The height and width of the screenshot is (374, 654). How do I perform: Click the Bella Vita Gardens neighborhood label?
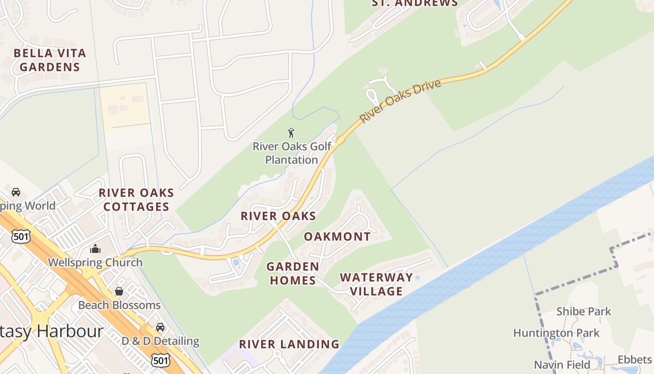(x=50, y=60)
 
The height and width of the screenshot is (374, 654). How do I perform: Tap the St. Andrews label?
(x=415, y=3)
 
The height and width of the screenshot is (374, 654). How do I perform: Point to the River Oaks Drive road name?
(x=400, y=101)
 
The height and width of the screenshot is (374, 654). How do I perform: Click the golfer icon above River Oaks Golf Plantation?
(x=291, y=133)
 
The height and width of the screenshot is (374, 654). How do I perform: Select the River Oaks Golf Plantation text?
(x=292, y=153)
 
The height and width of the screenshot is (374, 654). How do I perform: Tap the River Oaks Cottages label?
(x=136, y=200)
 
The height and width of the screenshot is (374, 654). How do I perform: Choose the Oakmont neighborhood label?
(x=337, y=237)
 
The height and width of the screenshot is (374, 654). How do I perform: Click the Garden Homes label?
(x=292, y=273)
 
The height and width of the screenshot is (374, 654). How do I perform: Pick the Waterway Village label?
(x=377, y=284)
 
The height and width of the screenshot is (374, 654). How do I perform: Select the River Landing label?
(x=289, y=345)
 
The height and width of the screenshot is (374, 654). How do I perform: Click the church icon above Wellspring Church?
(x=95, y=249)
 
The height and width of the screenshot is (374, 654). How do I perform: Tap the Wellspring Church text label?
(x=95, y=262)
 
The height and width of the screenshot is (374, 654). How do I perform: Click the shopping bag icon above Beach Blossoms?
(x=119, y=291)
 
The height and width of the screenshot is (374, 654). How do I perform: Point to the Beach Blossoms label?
(x=119, y=305)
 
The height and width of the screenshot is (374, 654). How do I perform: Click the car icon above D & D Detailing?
(x=160, y=327)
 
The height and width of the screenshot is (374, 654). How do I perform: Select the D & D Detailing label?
(x=160, y=341)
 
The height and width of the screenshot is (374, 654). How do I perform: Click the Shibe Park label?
(x=583, y=311)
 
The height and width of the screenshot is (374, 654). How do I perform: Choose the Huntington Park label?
(x=556, y=333)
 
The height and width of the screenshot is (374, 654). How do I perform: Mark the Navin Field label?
(x=562, y=365)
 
